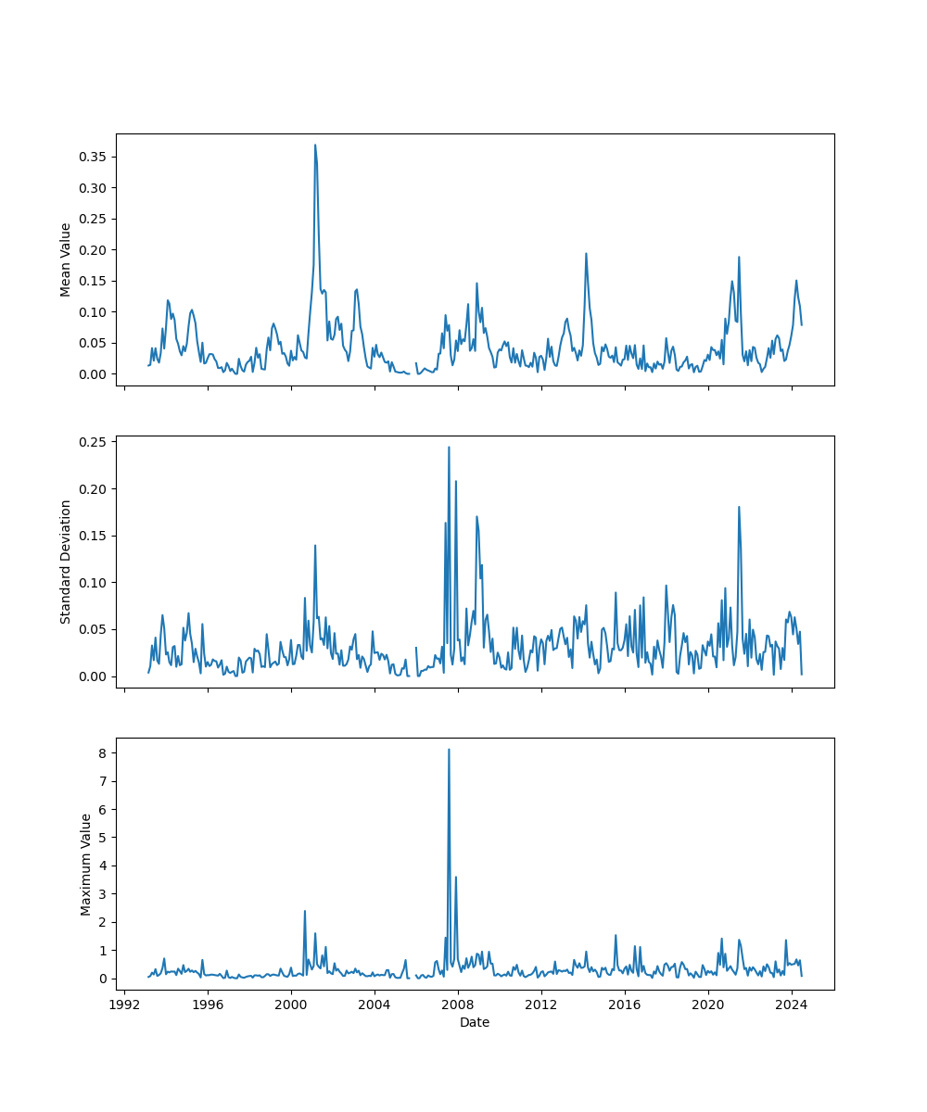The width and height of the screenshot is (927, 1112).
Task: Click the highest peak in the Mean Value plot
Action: point(315,145)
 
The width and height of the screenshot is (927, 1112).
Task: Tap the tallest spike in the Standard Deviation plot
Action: point(449,447)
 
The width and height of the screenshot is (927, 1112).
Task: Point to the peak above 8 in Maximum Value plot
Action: point(449,750)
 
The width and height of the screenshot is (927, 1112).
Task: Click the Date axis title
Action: point(475,1022)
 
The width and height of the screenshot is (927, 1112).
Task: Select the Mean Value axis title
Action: point(66,259)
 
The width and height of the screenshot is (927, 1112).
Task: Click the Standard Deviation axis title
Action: point(66,562)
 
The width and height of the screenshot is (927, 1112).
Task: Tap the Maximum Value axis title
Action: point(86,864)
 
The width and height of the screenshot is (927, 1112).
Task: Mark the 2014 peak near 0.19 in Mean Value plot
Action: point(586,254)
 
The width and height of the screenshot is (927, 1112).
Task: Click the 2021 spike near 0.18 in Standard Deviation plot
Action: point(739,507)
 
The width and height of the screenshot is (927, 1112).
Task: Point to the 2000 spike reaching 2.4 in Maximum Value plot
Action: point(305,911)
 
